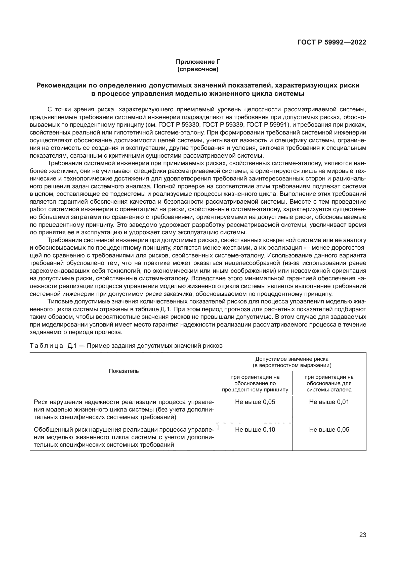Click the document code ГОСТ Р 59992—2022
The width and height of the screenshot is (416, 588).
[x=331, y=42]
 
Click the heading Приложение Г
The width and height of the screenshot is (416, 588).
[x=198, y=62]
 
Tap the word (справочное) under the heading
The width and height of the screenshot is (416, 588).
[x=198, y=69]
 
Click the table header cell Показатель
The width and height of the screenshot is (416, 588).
[x=124, y=371]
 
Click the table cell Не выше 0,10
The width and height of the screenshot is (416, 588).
[x=255, y=429]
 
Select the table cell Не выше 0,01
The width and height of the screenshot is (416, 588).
[x=329, y=402]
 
